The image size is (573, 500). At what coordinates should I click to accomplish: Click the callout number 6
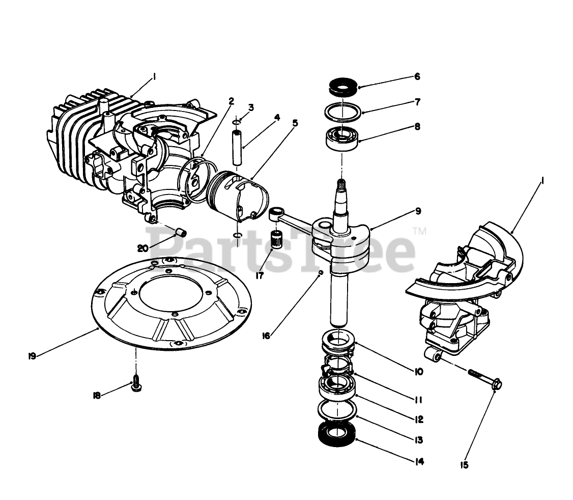point(417,77)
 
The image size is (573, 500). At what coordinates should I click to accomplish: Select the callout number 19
point(32,356)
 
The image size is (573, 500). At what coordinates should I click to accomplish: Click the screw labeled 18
point(136,384)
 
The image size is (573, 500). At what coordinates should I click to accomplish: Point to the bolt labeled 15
point(483,378)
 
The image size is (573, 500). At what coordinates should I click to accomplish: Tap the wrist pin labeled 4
point(237,147)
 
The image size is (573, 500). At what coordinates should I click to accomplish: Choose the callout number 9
point(418,211)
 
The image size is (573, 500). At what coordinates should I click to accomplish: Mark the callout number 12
point(419,420)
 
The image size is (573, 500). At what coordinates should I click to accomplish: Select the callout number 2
point(231,101)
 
